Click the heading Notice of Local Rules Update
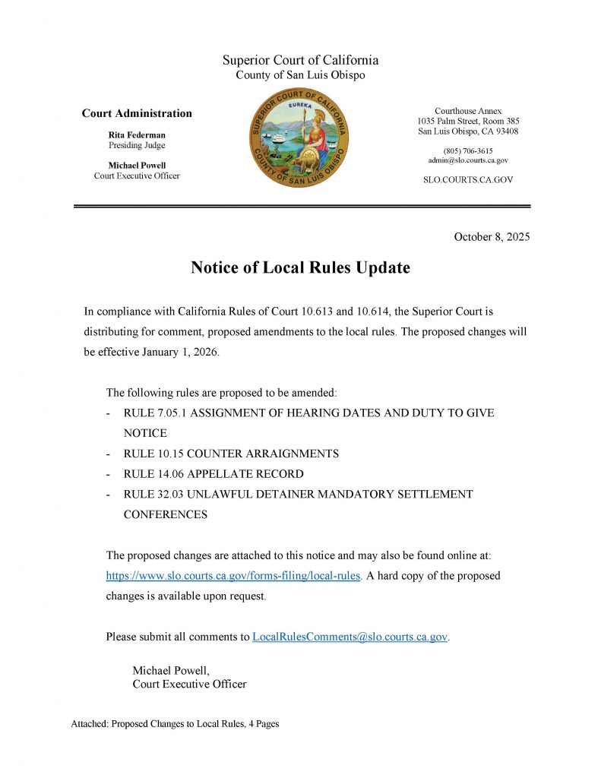(x=300, y=267)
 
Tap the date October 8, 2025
(x=492, y=237)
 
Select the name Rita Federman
(x=137, y=134)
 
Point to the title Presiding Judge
(x=137, y=145)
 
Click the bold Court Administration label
(x=137, y=114)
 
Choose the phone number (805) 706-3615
(x=468, y=150)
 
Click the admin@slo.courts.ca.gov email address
(x=468, y=160)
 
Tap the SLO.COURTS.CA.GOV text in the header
(x=468, y=180)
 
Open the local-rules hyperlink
(x=232, y=576)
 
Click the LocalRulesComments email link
(x=350, y=637)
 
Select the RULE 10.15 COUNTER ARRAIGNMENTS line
(x=231, y=454)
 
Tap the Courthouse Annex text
(x=468, y=112)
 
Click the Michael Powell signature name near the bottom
(x=170, y=671)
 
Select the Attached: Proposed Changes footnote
(x=175, y=724)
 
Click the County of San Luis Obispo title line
(x=300, y=74)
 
